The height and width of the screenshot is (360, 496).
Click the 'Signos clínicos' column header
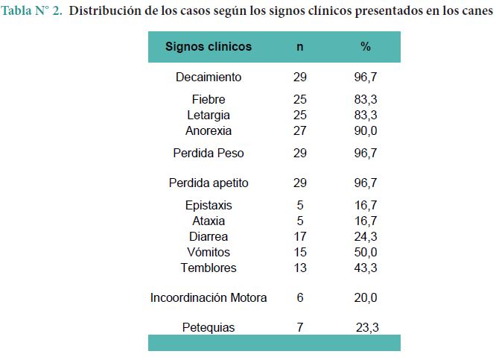tap(209, 46)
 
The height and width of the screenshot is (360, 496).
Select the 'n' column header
tap(300, 46)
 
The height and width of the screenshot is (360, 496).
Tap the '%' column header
tap(366, 46)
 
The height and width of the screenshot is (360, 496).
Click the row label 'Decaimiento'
tap(209, 77)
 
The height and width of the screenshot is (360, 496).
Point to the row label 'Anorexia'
tap(209, 130)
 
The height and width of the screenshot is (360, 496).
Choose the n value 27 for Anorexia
tap(300, 130)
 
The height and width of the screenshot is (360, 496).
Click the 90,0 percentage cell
tap(366, 130)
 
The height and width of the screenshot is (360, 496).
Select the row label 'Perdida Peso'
tap(209, 153)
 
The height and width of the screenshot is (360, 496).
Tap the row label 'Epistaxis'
tap(209, 205)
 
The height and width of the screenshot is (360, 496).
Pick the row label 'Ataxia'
tap(209, 221)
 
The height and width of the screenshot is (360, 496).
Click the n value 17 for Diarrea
tap(300, 236)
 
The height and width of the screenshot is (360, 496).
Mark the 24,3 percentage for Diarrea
tap(366, 236)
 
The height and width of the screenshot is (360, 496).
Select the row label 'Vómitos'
tap(209, 252)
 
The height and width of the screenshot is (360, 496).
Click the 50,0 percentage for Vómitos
tap(366, 252)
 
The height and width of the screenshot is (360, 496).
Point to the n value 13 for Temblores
tap(300, 268)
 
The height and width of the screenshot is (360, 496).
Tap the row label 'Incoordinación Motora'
tap(209, 297)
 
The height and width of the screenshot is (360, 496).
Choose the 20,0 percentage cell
tap(366, 297)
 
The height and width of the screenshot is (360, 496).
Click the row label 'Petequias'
tap(209, 327)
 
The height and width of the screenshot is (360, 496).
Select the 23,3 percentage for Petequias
tap(367, 327)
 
